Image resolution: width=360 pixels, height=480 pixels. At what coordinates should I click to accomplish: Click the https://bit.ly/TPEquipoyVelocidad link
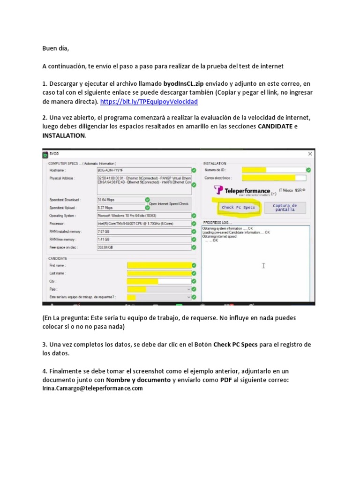coord(149,101)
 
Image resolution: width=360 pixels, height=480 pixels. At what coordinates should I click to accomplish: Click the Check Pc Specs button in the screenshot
coord(238,207)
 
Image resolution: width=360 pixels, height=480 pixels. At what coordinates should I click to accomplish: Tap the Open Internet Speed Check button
coord(169,204)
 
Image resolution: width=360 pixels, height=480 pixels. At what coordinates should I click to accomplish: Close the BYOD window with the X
coord(310,154)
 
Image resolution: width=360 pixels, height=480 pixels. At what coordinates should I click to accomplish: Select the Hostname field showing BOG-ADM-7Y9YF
coord(143,170)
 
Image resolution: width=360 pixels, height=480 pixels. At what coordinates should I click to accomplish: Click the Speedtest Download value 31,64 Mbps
coord(120,199)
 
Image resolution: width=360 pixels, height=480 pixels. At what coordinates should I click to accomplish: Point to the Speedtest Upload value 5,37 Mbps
coord(120,207)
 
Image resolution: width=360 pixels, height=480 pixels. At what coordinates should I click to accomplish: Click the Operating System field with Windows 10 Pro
coord(143,216)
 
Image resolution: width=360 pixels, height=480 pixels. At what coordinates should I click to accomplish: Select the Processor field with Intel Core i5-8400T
coord(143,224)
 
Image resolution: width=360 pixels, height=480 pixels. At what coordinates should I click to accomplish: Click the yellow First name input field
coord(159,265)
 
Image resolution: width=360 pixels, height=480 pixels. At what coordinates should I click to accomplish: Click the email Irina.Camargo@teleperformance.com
coord(92,389)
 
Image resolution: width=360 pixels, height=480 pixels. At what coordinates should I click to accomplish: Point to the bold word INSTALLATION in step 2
coord(64,135)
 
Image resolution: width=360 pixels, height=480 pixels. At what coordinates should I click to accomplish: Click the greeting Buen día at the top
coord(58,48)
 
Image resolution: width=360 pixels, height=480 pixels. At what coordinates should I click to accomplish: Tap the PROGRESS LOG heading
coord(218,222)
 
